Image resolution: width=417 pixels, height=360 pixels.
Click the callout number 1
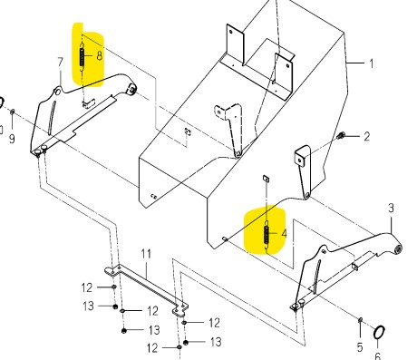(x=372, y=63)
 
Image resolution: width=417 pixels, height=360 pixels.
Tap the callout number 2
(x=366, y=137)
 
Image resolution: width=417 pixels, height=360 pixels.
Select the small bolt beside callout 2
(x=341, y=136)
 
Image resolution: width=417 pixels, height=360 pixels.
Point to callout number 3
(x=391, y=208)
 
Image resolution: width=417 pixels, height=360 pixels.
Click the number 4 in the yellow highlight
(x=284, y=234)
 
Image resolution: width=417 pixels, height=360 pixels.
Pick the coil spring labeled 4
(x=267, y=234)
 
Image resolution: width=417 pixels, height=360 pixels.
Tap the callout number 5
(x=360, y=347)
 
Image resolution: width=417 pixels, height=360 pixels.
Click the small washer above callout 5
(x=360, y=320)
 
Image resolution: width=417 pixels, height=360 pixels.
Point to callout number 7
(x=61, y=63)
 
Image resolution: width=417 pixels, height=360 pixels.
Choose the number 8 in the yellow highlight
(x=100, y=56)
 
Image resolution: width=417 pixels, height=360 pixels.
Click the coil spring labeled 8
(x=82, y=57)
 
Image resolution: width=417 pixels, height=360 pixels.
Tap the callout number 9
(x=12, y=139)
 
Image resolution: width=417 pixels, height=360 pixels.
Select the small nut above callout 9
(x=13, y=112)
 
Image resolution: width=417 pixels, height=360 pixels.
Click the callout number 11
(x=146, y=254)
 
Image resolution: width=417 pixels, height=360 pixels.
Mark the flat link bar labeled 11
(x=146, y=289)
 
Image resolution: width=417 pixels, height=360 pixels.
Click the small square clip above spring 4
(x=267, y=178)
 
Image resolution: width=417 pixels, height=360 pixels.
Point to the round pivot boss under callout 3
(x=398, y=248)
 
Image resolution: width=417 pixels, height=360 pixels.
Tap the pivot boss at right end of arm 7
(x=132, y=89)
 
